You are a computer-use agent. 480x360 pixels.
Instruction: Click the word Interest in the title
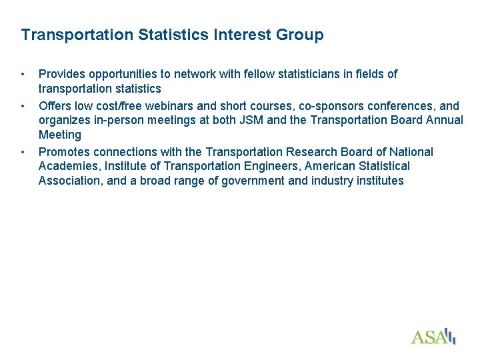(x=242, y=35)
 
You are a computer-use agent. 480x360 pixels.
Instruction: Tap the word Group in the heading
(x=299, y=35)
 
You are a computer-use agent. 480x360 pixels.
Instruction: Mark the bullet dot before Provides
(x=23, y=74)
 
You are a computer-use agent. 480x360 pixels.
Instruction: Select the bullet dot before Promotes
(x=23, y=152)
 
